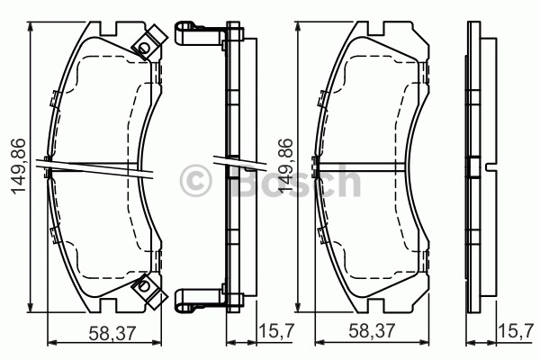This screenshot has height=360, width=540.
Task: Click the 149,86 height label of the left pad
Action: click(19, 166)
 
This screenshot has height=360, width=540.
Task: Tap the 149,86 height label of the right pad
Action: click(285, 166)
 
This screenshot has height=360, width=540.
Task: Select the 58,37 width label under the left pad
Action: click(112, 333)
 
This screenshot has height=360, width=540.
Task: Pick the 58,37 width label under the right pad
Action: click(372, 331)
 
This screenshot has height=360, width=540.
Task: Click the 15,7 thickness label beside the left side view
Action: click(276, 331)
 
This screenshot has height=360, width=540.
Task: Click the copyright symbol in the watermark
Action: click(195, 181)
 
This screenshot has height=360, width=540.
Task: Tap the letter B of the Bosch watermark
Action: click(249, 180)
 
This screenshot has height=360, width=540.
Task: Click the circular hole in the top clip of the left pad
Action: click(144, 47)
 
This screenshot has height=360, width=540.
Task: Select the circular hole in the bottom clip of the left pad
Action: click(144, 286)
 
